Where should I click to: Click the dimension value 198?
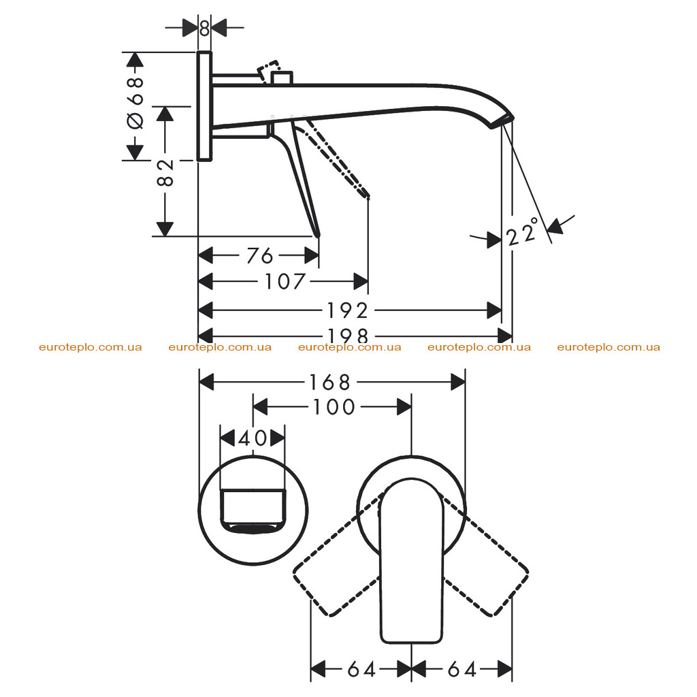[x=348, y=336]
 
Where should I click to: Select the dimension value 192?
[x=348, y=310]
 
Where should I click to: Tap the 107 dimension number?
[x=285, y=281]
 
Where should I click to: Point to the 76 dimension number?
[x=260, y=256]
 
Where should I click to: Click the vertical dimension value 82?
[x=165, y=172]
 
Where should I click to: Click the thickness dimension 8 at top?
[x=204, y=28]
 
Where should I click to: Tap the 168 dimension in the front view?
[x=330, y=383]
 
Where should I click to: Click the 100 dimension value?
[x=334, y=407]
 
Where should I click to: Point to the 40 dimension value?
[x=253, y=439]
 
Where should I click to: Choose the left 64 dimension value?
[x=362, y=669]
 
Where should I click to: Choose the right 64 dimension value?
[x=462, y=669]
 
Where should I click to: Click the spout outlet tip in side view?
[x=502, y=122]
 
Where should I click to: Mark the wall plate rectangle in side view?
[x=204, y=106]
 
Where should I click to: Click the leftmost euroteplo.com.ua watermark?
[x=91, y=347]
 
